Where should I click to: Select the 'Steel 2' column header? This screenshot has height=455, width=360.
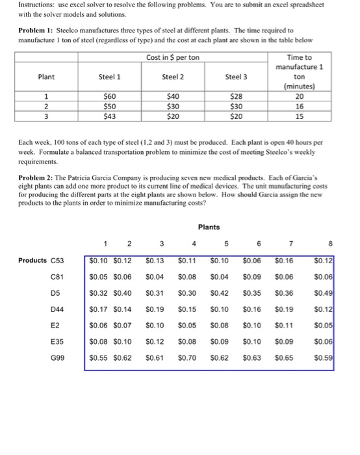(173, 76)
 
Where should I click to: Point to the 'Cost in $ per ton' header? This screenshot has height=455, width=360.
(172, 58)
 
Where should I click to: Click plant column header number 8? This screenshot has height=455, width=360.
(331, 244)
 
